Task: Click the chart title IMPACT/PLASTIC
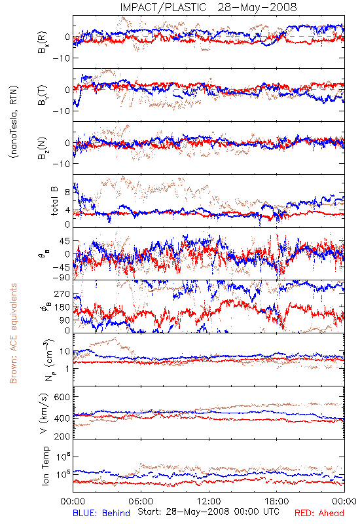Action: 163,7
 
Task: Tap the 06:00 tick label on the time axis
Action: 141,502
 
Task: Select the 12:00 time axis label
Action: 209,502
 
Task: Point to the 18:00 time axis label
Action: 277,502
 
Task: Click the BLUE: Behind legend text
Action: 101,514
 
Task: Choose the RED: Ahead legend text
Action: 319,514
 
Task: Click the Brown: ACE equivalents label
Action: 13,333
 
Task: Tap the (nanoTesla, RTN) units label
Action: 13,122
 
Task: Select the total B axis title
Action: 54,201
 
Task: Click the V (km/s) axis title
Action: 44,413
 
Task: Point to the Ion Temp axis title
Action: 45,466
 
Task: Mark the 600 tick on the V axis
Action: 62,397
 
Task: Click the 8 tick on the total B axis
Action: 67,192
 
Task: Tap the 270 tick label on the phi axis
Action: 62,294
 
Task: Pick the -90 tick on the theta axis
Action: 61,277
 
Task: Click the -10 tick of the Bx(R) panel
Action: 61,58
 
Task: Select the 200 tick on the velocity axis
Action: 62,436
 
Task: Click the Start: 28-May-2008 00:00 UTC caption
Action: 208,512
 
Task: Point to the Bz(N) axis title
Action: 43,148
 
